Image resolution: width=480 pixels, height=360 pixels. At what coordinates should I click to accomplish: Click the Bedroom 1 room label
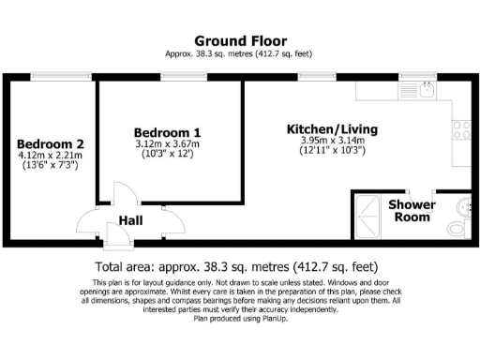click(166, 132)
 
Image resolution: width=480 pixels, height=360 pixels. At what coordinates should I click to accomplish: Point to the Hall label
click(129, 222)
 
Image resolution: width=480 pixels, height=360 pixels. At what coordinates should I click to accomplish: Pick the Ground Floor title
click(239, 40)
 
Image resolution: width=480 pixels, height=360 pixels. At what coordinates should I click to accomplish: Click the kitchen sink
click(425, 90)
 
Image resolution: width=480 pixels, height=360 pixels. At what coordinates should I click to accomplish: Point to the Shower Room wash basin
click(463, 203)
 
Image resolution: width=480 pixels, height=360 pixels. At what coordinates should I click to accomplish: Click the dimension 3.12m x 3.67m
click(166, 144)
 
